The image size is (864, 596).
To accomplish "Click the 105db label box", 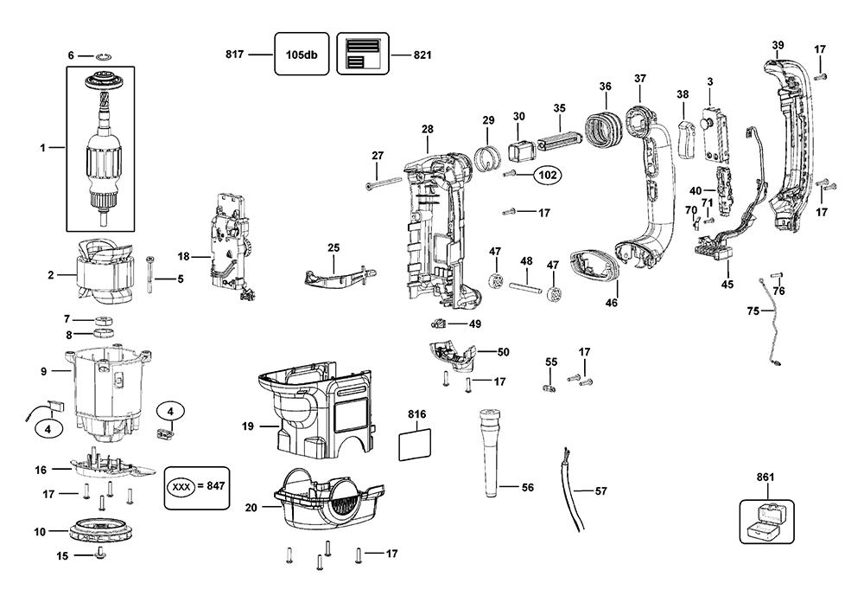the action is point(302,54).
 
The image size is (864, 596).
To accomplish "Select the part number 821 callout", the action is point(422,54).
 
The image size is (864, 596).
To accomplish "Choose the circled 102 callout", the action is point(547,176).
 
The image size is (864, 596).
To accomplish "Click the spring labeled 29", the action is point(487,157).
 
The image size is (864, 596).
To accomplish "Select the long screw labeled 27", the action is point(384,183).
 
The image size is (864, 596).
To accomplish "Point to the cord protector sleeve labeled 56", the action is point(490,452).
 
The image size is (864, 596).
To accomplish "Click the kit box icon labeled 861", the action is point(766,522).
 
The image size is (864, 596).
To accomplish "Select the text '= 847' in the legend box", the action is point(211,486).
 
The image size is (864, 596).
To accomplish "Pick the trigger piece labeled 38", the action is point(685,138).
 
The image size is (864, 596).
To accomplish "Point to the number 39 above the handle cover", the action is point(778,45).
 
